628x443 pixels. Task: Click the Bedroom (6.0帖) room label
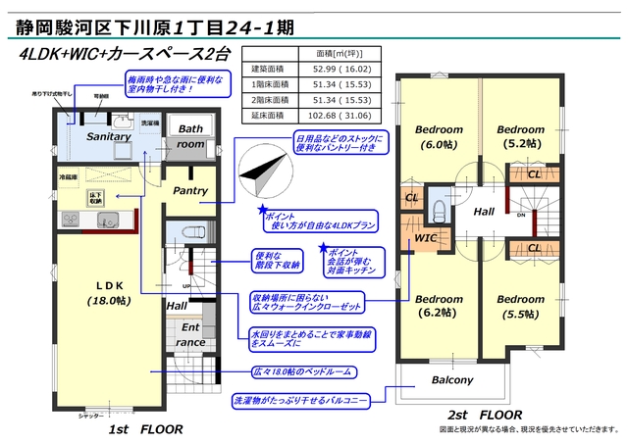[439, 136]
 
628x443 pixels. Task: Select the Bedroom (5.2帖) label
[519, 136]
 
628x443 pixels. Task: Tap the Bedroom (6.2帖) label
[439, 306]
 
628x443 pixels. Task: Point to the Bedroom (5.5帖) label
[519, 306]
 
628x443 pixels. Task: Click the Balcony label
[451, 380]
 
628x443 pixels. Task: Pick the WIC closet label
[425, 236]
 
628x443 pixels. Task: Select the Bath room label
[190, 136]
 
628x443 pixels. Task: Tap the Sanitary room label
[108, 137]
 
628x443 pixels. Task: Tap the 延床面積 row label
[268, 115]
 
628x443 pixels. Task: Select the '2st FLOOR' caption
[484, 415]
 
